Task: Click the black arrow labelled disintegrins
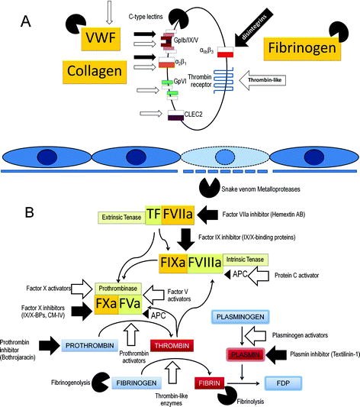pyautogui.click(x=252, y=34)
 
